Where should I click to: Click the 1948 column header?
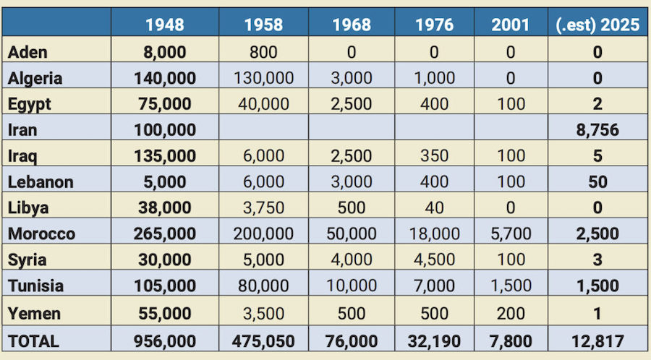[164, 25]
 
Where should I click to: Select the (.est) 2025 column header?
[597, 25]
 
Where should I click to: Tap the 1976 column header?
[435, 25]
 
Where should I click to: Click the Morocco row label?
[41, 234]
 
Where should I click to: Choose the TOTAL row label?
[34, 339]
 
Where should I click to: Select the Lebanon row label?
[41, 182]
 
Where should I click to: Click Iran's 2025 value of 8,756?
[597, 130]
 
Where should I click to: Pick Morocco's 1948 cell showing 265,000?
[164, 234]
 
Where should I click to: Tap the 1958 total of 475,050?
[263, 339]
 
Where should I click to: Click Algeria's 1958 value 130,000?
[263, 78]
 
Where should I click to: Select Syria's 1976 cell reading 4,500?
[435, 260]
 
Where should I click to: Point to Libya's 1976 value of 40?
[435, 208]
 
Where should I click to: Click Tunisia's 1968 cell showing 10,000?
[352, 286]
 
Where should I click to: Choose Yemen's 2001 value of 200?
[511, 313]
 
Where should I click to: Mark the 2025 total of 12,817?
[597, 339]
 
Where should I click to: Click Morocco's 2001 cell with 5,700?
[511, 234]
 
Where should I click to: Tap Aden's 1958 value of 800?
[263, 52]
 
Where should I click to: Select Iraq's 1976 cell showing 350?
[435, 156]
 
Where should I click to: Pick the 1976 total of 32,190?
[435, 339]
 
